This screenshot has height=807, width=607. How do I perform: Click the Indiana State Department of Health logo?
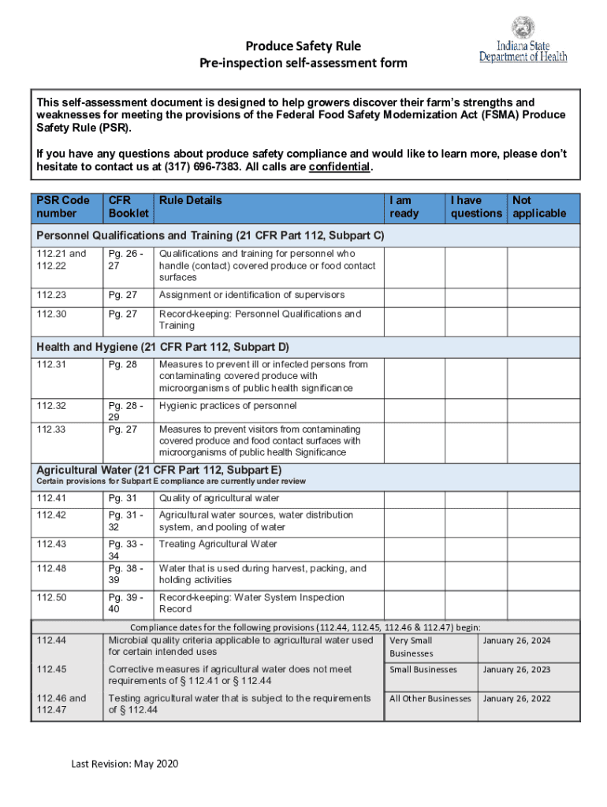coord(523,40)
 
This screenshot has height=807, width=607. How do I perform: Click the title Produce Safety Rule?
coord(303,46)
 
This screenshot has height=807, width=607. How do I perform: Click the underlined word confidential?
coord(339,167)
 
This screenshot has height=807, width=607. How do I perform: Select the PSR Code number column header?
coord(63,206)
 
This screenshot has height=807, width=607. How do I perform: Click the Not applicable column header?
coord(539,206)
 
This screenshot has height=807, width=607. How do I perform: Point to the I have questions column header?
coord(476,206)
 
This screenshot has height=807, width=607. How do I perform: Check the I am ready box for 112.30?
coord(415,320)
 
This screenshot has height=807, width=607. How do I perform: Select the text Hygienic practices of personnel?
coord(228,406)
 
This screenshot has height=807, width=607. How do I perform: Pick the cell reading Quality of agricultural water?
coord(219,498)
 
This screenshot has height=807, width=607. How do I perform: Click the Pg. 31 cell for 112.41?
coord(123,498)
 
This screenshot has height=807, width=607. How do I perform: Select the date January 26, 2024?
coord(516,641)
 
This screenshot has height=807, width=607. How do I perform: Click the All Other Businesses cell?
coord(430,698)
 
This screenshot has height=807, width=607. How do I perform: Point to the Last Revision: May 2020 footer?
coord(126,764)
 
